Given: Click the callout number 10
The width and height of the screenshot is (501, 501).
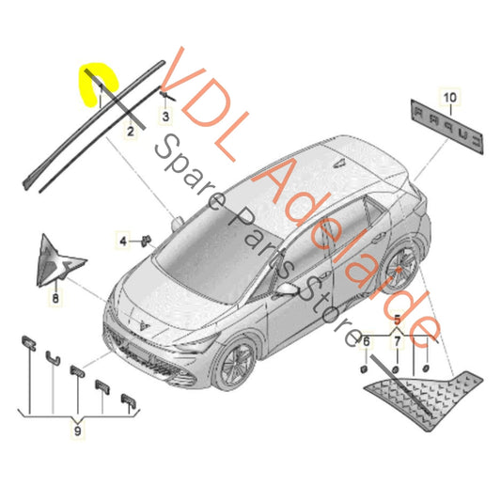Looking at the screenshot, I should coord(449,97).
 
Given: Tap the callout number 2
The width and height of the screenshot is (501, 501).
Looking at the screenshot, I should coord(130,133).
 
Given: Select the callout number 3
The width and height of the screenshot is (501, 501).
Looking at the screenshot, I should coord(165,117).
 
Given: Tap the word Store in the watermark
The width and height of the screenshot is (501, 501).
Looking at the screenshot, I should coord(323,310).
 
